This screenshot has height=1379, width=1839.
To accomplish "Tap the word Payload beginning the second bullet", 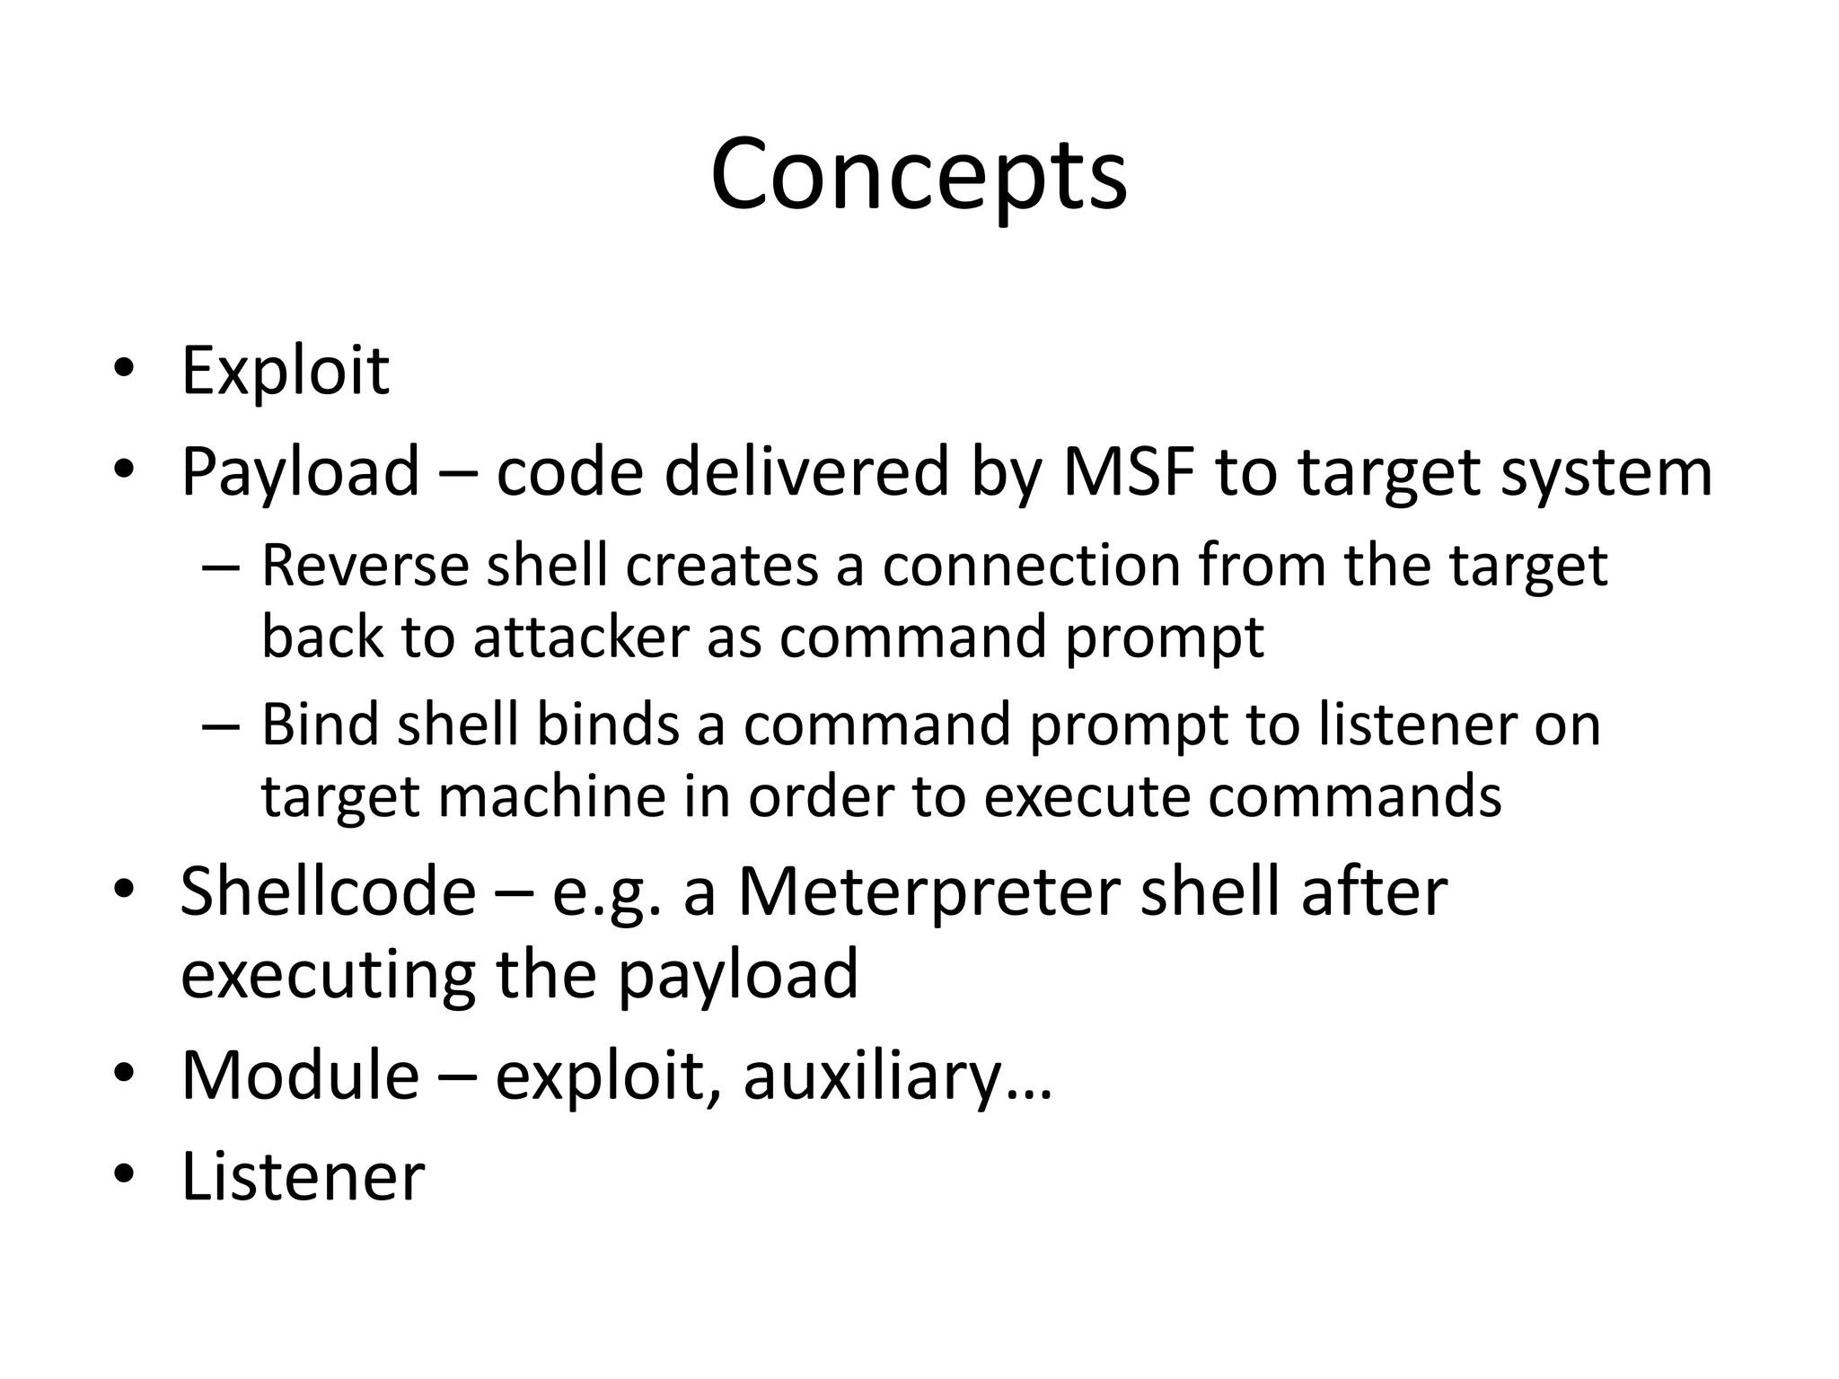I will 300,472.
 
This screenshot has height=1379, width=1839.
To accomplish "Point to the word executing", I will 328,975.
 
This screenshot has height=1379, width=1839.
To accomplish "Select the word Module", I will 300,1076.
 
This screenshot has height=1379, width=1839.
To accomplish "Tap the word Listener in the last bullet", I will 303,1176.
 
